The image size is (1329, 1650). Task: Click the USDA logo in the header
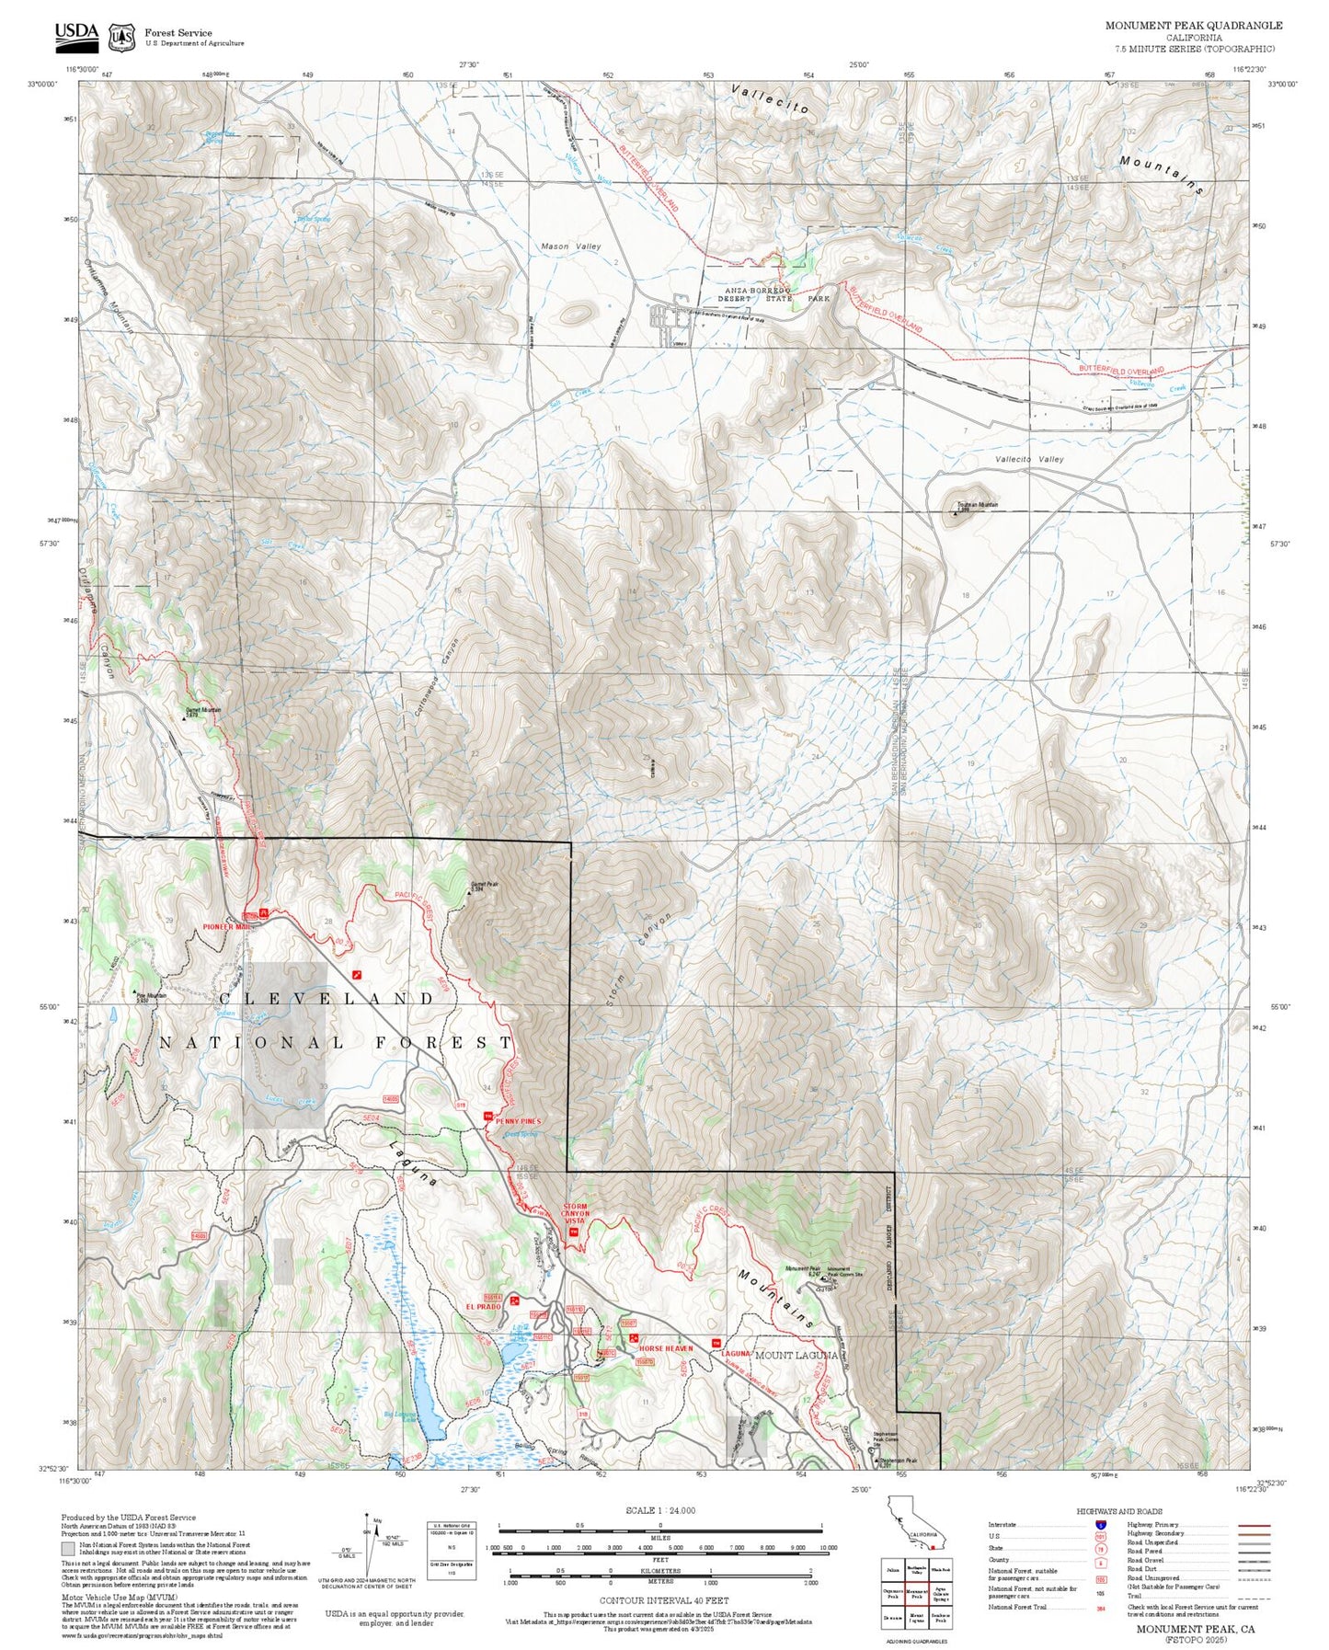[76, 35]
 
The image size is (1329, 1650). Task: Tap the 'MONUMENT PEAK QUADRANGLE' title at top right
[1194, 26]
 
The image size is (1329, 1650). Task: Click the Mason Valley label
[570, 246]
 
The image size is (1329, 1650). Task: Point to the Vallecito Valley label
[1029, 459]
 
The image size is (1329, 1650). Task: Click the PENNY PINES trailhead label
[518, 1121]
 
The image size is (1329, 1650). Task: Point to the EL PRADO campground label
[482, 1306]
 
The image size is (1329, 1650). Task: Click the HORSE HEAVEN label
[666, 1348]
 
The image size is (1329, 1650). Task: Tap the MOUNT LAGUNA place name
[796, 1355]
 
